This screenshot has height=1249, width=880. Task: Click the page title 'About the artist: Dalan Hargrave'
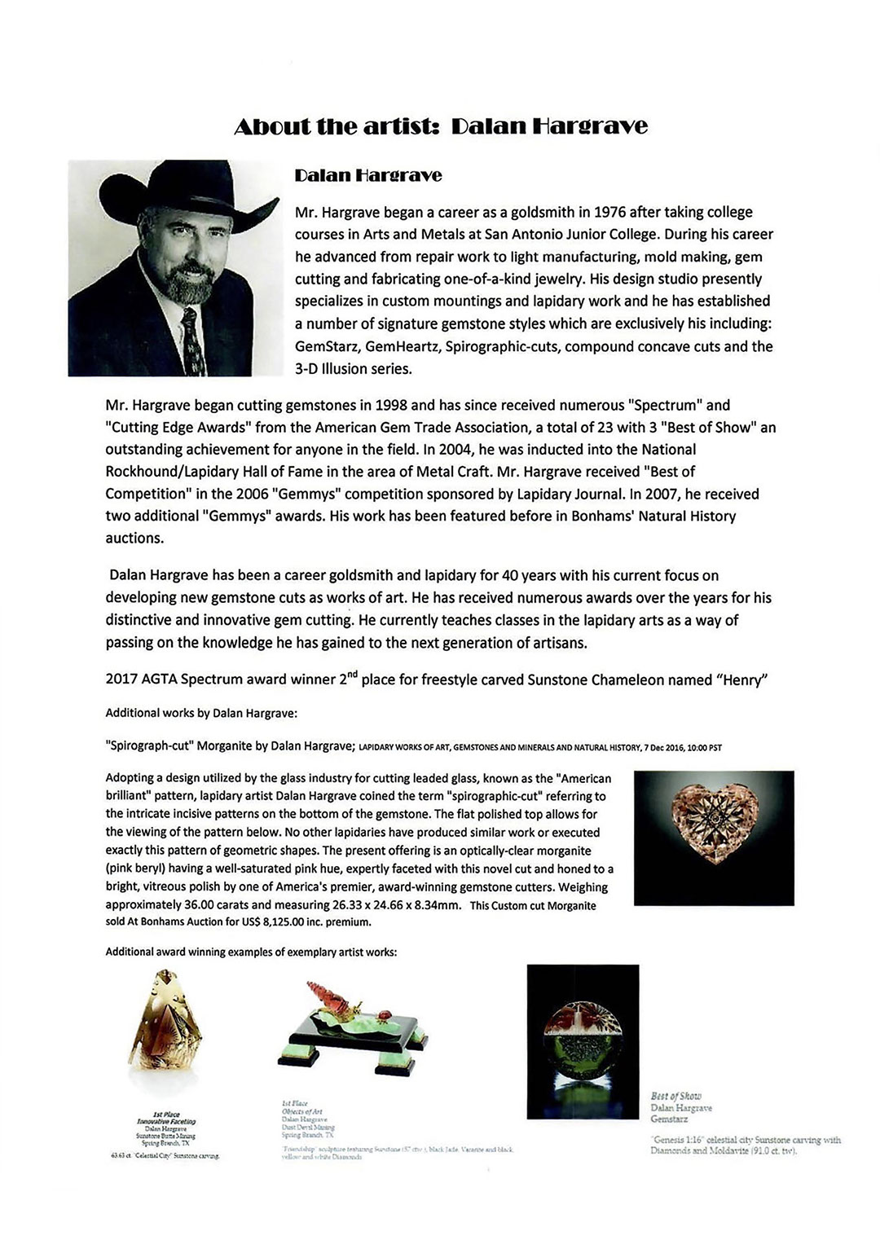click(x=440, y=127)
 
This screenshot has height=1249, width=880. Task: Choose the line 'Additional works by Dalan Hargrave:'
click(x=201, y=713)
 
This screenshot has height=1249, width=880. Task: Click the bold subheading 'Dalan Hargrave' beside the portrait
click(x=368, y=175)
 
